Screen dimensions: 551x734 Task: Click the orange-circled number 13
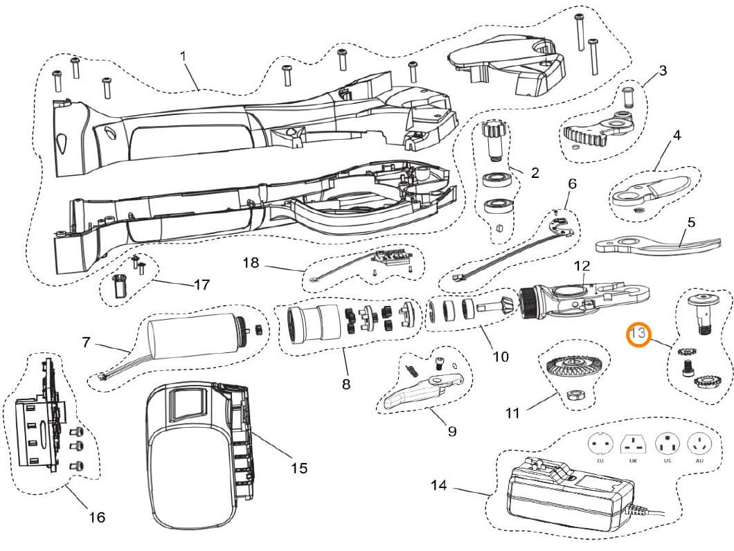(x=638, y=336)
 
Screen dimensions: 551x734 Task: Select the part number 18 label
(x=251, y=262)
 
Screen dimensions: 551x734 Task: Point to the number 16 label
(x=97, y=516)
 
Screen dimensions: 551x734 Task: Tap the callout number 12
(x=582, y=265)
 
